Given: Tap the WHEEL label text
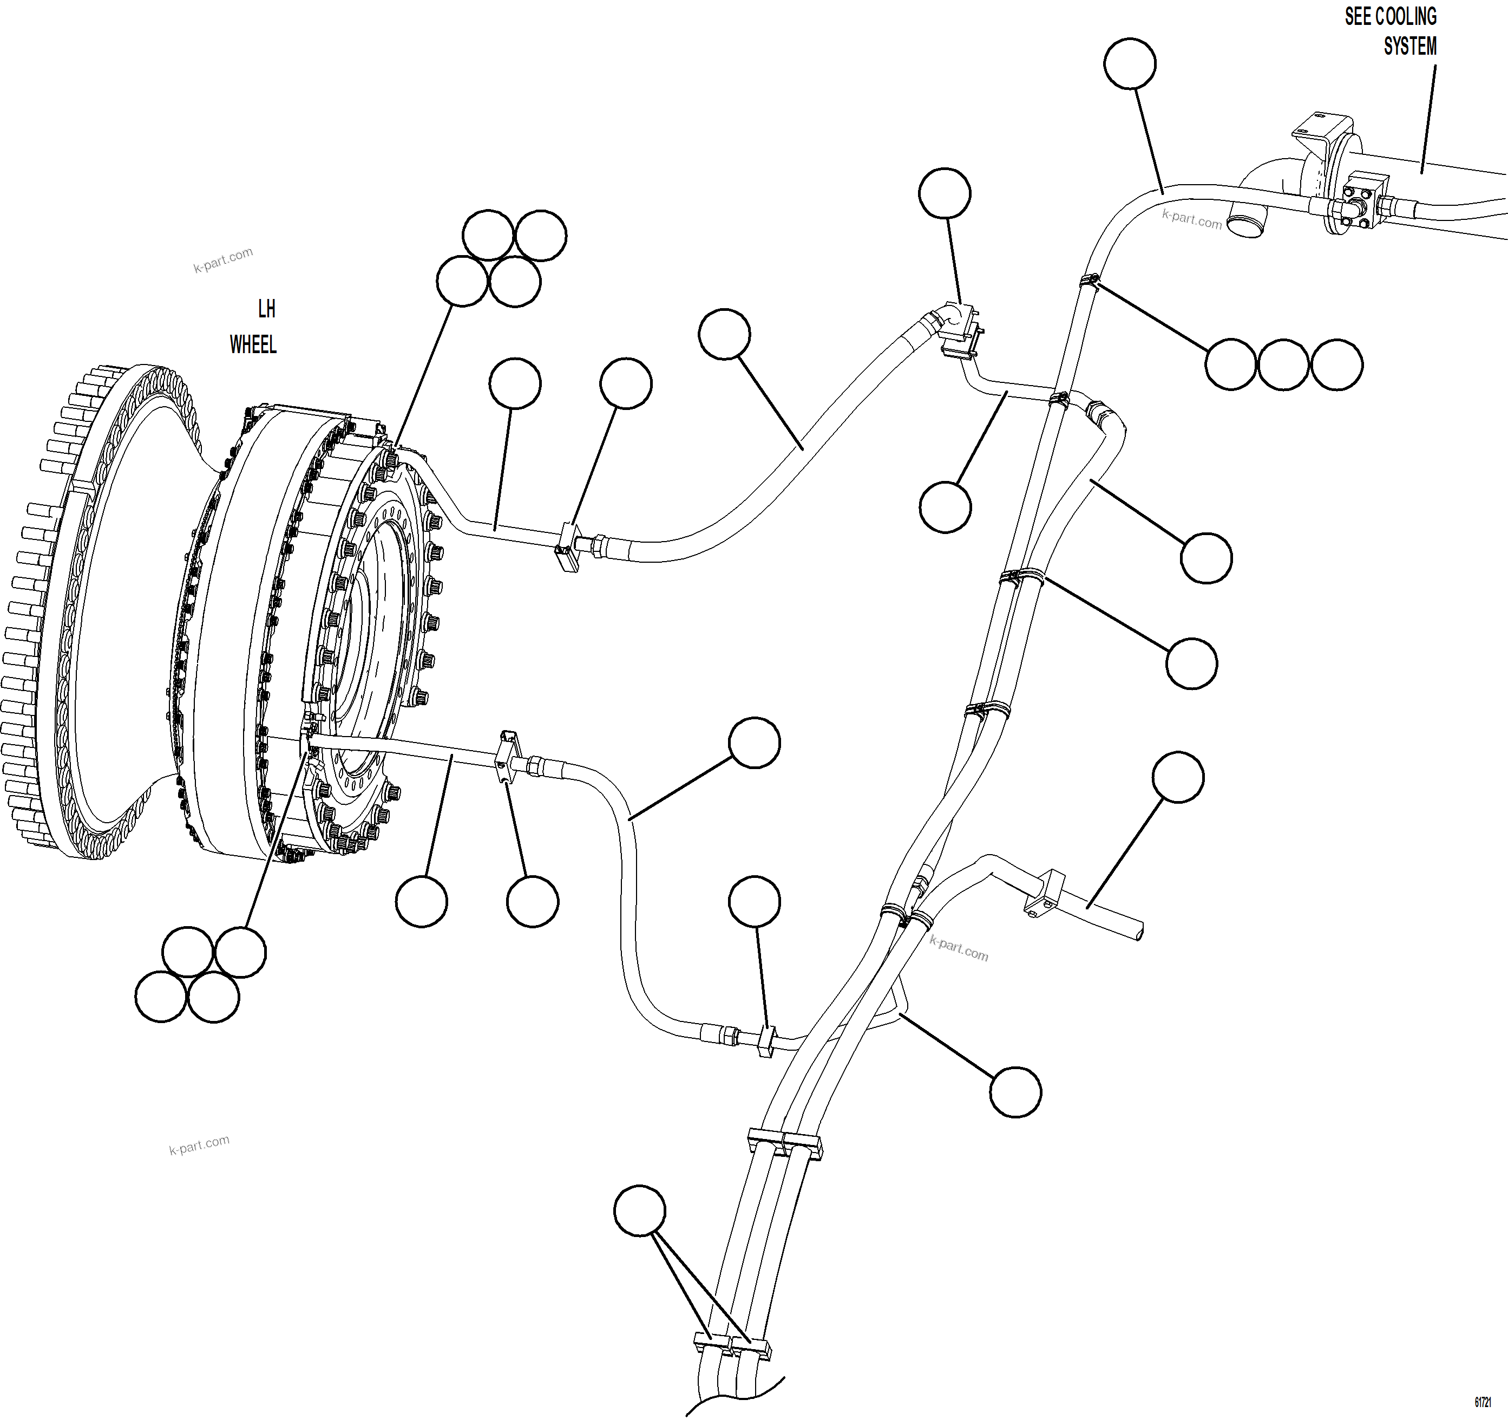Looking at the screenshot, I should pos(253,344).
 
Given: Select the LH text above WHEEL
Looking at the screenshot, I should pos(266,309).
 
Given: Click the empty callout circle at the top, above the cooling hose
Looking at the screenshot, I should pos(1130,64).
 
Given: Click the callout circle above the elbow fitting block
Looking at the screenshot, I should pos(945,193).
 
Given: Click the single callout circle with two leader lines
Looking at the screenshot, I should pos(639,1211).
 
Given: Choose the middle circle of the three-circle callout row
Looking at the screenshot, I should pos(1283,365).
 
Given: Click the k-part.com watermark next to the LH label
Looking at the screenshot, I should pos(222,261).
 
